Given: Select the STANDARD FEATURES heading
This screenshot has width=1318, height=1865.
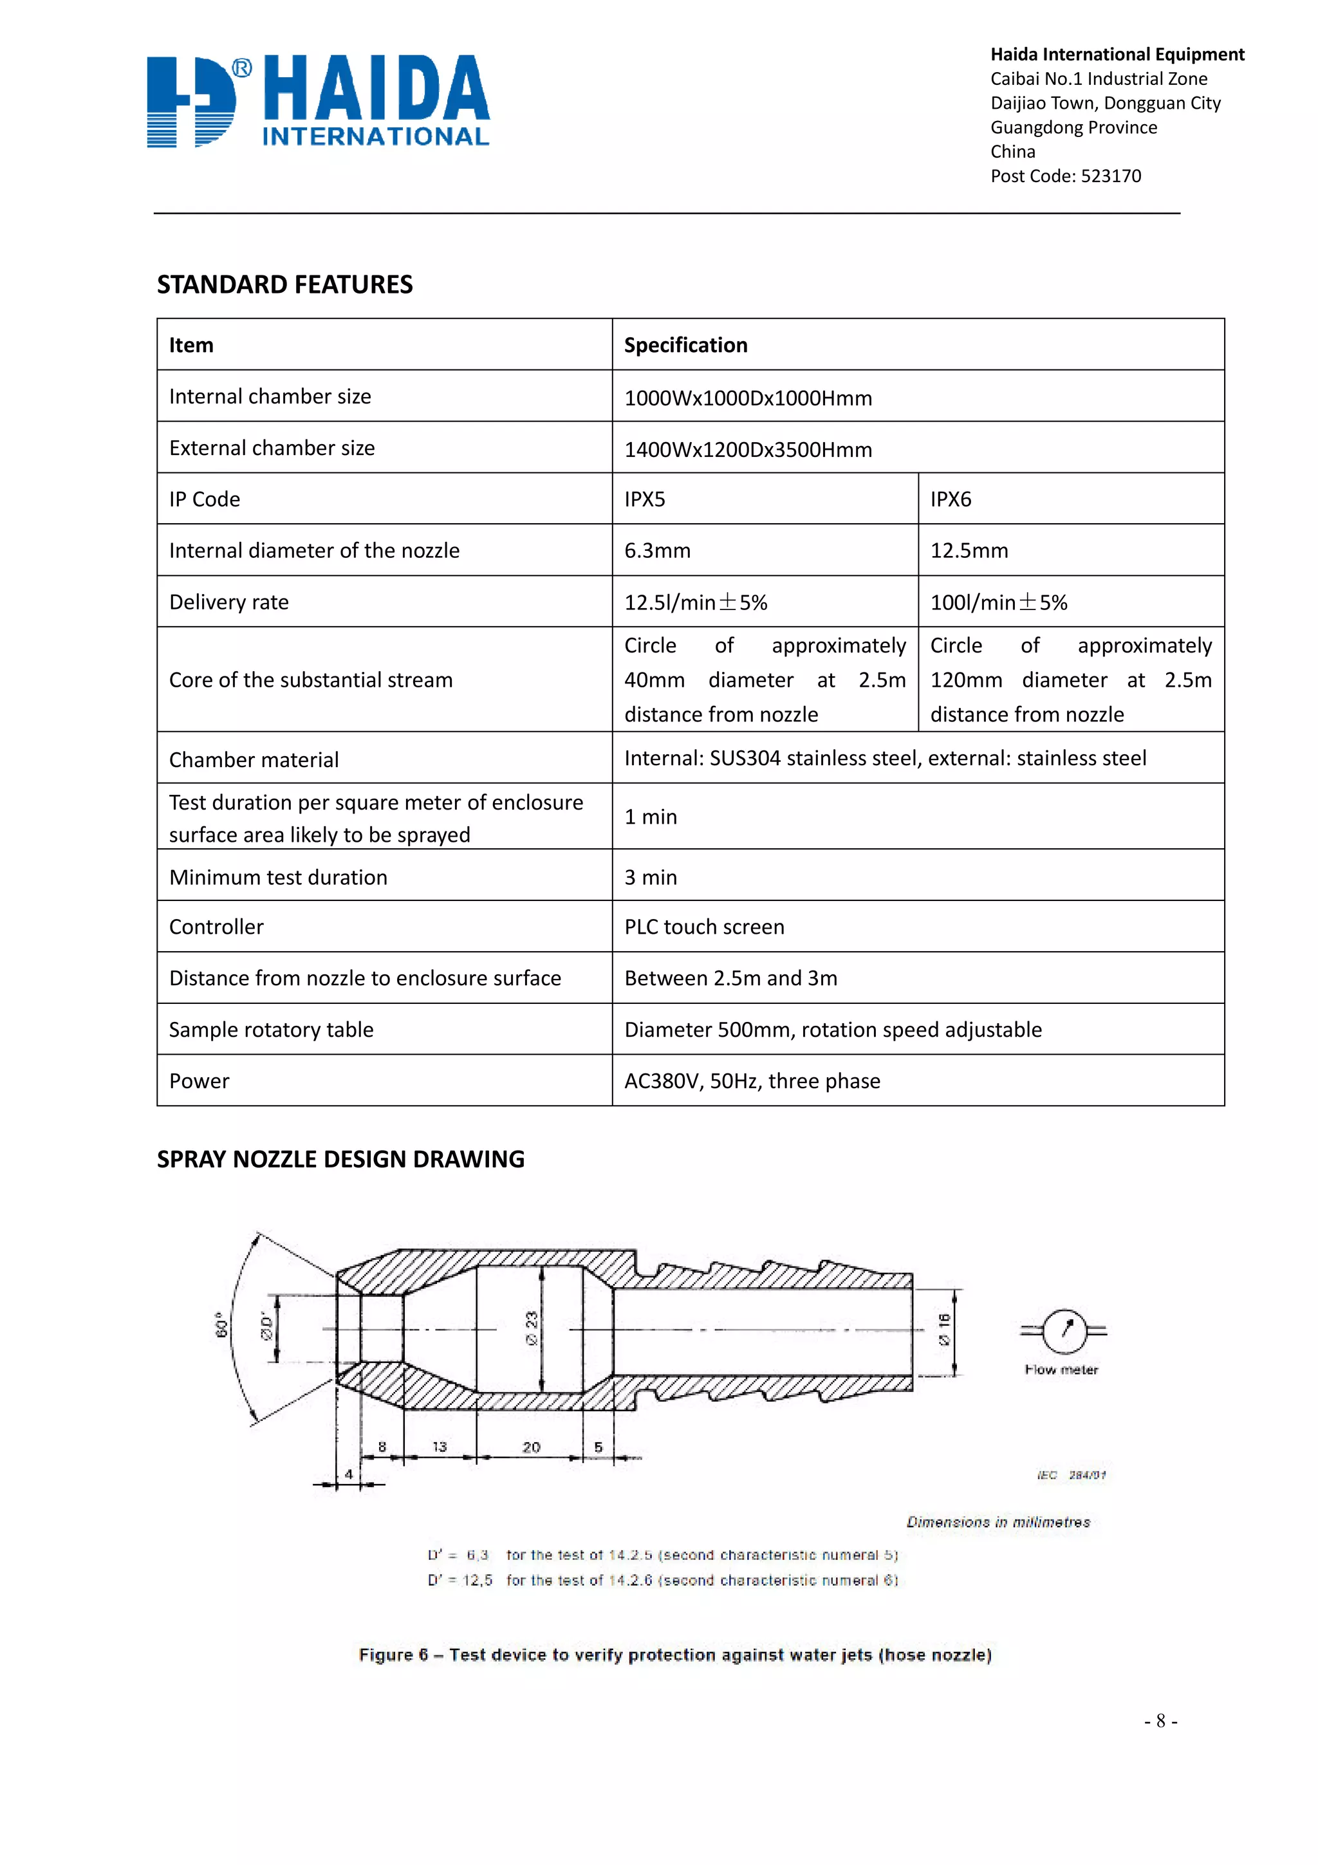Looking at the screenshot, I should point(284,284).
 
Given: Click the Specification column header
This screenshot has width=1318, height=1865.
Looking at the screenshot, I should point(685,345).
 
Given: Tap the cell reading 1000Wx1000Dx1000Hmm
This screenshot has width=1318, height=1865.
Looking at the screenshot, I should point(748,398).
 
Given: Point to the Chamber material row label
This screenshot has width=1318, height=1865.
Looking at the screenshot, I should point(254,759).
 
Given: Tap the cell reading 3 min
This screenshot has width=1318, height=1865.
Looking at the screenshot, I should point(651,877).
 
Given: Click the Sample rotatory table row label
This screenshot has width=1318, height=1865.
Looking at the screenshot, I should point(271,1030).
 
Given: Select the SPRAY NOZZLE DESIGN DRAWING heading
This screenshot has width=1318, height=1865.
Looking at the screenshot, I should point(340,1159).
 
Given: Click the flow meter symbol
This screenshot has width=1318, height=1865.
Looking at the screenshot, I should point(1063,1330).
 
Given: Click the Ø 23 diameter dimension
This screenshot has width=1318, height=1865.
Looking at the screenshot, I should point(532,1328).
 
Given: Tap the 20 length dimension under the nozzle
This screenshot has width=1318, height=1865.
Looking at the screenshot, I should point(531,1447).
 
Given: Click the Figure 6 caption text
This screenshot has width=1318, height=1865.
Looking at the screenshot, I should point(675,1655).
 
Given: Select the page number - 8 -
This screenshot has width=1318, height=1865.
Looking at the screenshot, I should point(1160,1720).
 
